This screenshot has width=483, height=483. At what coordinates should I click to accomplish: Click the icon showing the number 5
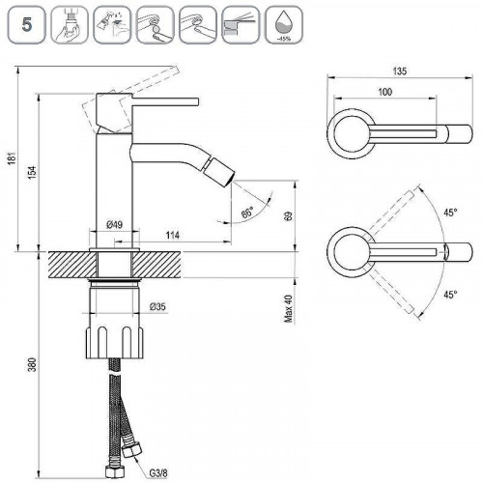[27, 25]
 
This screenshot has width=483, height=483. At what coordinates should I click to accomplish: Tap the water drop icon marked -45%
[283, 25]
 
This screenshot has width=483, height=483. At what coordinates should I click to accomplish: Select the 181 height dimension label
[12, 158]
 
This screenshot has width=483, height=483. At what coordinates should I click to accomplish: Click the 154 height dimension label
[33, 172]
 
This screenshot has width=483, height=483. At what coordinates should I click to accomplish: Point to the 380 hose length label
[32, 364]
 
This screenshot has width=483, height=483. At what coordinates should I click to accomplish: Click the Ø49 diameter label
[115, 224]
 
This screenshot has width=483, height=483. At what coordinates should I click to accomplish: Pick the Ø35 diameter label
[157, 306]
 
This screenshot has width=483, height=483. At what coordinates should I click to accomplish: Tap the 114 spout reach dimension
[173, 235]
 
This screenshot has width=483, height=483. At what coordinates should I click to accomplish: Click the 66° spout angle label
[247, 213]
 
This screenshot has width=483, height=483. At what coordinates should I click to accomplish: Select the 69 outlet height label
[289, 215]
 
